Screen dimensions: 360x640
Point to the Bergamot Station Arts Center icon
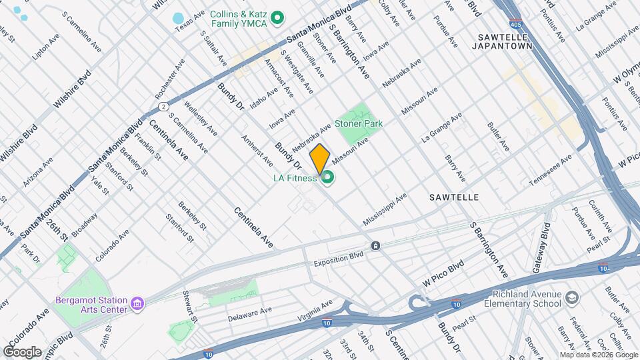pyautogui.click(x=138, y=304)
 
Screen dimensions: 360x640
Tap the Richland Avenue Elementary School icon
pyautogui.click(x=571, y=296)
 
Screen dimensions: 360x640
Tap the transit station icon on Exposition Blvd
pyautogui.click(x=376, y=245)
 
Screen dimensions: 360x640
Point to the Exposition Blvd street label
pyautogui.click(x=339, y=259)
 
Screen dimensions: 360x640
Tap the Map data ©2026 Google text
pyautogui.click(x=598, y=355)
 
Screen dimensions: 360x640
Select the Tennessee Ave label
pyautogui.click(x=550, y=171)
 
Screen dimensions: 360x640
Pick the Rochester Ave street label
pyautogui.click(x=178, y=79)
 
